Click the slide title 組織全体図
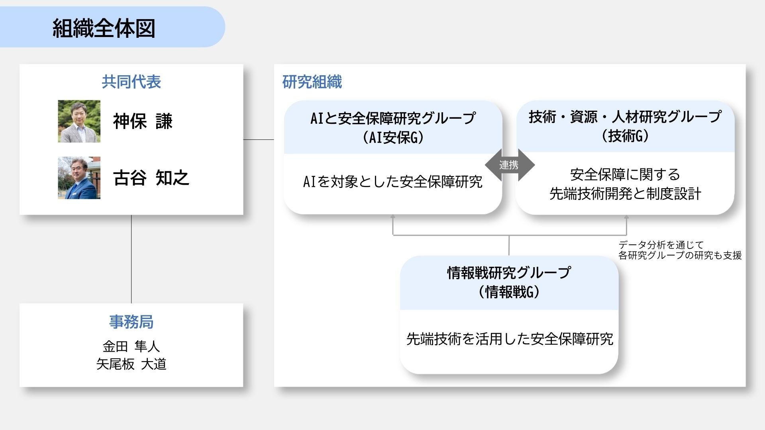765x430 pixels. click(104, 28)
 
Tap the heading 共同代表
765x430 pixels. click(131, 82)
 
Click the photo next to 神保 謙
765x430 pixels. click(79, 121)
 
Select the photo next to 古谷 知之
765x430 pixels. click(79, 178)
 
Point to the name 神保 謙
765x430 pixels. click(143, 121)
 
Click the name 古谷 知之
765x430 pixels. click(151, 178)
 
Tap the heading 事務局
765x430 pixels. click(131, 322)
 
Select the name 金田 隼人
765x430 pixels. click(131, 346)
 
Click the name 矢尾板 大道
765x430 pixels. click(131, 364)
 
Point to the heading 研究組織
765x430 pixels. click(312, 82)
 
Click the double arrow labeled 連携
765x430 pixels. click(509, 165)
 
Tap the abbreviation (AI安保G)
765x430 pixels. click(393, 138)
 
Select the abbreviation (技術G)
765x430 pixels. click(625, 136)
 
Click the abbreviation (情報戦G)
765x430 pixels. click(509, 292)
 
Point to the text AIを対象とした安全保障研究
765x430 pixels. click(393, 182)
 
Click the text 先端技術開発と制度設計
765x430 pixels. click(625, 194)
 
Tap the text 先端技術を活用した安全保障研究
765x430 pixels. click(509, 339)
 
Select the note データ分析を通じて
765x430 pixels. click(661, 244)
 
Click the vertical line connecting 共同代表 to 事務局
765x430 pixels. click(131, 259)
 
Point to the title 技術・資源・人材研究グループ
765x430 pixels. click(625, 117)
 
